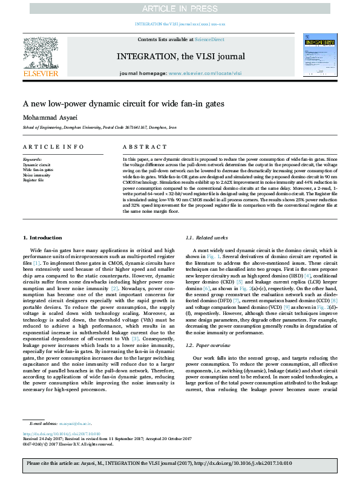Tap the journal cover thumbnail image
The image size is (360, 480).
click(x=319, y=55)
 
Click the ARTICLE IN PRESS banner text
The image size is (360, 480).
click(x=180, y=8)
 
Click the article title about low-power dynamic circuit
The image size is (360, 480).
click(x=123, y=104)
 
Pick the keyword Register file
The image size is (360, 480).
click(x=33, y=180)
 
